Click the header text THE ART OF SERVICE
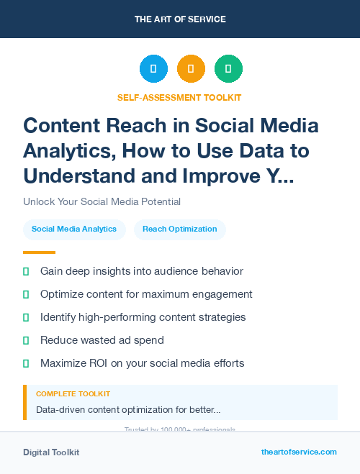180,19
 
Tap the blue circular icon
153,69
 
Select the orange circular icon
191,69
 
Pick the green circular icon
228,69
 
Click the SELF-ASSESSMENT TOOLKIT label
179,97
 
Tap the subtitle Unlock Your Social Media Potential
102,202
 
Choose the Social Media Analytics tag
74,229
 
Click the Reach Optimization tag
180,229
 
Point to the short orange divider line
39,252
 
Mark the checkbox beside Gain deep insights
26,271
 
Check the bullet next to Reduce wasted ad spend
26,340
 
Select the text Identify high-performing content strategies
143,317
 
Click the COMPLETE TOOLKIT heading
73,394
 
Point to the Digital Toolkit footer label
51,452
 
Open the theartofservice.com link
299,452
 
